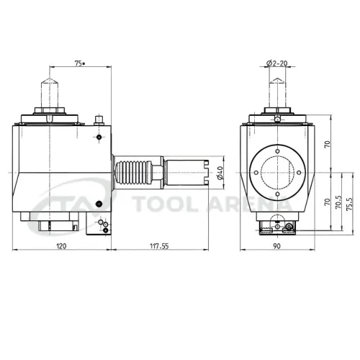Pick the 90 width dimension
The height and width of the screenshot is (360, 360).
pos(278,246)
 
